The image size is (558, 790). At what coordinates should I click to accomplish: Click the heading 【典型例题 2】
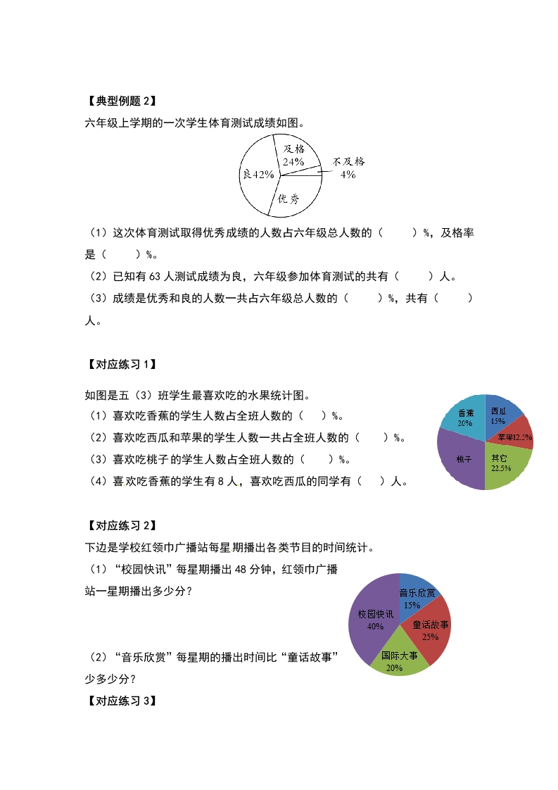[120, 101]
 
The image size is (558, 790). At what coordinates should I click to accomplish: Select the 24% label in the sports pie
[293, 161]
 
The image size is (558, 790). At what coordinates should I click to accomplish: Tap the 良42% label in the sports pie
[258, 175]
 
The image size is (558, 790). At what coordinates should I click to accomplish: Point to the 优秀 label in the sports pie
[288, 199]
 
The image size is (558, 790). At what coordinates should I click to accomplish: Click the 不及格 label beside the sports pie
[348, 161]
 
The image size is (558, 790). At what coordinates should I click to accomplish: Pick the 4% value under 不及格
[348, 175]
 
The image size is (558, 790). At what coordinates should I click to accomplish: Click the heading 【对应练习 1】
[120, 365]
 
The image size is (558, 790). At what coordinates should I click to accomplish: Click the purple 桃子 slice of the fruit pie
[461, 459]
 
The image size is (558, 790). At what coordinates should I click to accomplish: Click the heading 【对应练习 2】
[120, 525]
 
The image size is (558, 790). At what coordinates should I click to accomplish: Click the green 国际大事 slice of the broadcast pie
[398, 659]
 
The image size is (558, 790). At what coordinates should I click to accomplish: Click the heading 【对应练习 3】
[120, 701]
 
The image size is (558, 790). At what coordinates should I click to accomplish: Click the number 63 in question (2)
[156, 277]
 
